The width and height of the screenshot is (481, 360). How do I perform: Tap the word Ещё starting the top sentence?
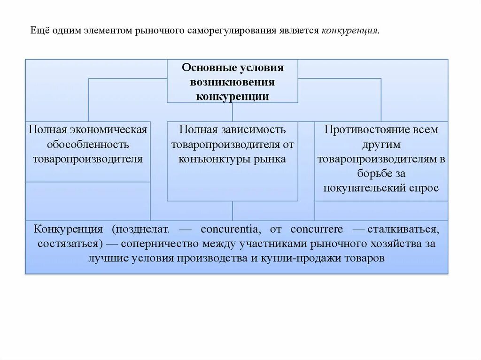(x=41, y=31)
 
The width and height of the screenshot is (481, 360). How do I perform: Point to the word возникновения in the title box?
(x=233, y=82)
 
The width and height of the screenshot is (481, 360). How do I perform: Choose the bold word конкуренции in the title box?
(x=233, y=96)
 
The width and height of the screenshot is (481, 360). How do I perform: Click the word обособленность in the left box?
(x=88, y=145)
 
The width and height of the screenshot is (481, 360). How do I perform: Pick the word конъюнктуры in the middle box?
(x=208, y=159)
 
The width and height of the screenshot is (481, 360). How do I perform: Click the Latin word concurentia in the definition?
(x=230, y=230)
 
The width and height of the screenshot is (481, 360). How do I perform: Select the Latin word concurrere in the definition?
(x=317, y=230)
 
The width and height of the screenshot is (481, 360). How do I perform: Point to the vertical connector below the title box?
(x=233, y=112)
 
